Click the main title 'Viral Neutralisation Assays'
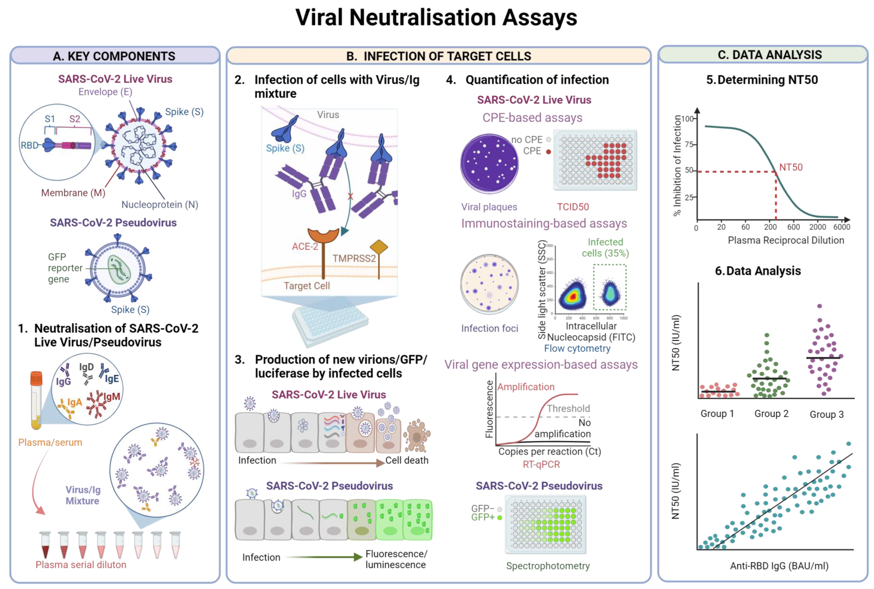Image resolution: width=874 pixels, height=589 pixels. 436,18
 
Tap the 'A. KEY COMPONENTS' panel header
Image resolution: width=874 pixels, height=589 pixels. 114,56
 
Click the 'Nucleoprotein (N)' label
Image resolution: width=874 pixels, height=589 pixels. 160,205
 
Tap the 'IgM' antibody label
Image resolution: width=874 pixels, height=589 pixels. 112,397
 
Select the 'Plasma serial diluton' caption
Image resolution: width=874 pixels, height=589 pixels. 81,565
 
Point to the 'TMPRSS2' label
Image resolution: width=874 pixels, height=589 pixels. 354,258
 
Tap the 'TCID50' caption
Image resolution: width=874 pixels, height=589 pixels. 573,207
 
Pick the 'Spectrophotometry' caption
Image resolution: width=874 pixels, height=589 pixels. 548,566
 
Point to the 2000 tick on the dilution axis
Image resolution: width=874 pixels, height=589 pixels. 817,227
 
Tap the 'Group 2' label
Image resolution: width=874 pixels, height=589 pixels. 771,414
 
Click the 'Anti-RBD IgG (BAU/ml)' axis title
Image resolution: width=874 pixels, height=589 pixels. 779,566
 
